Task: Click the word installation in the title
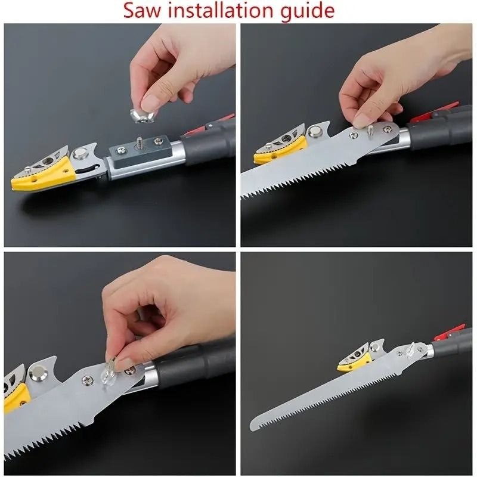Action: click(x=219, y=10)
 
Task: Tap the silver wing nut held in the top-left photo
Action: click(x=143, y=115)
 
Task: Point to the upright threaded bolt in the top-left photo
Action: click(x=140, y=142)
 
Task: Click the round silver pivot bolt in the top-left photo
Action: click(x=80, y=154)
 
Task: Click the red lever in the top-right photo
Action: click(x=438, y=110)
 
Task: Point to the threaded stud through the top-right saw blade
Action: click(x=370, y=131)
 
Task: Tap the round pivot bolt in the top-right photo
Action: click(x=315, y=131)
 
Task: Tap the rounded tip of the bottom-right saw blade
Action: click(x=252, y=424)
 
